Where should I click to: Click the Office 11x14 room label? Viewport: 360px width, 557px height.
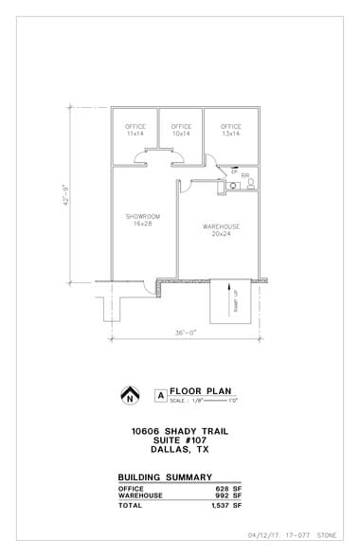135,130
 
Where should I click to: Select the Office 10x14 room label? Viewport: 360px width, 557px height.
181,130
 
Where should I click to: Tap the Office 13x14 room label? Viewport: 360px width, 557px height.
230,130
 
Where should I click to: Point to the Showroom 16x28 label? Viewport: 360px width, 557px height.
143,220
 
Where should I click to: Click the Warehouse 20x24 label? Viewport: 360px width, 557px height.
221,230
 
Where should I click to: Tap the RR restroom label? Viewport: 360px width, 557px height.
244,175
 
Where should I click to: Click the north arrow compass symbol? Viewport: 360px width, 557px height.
130,395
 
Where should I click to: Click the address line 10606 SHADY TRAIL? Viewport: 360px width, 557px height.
179,431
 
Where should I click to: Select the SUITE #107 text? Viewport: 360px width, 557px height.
179,440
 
